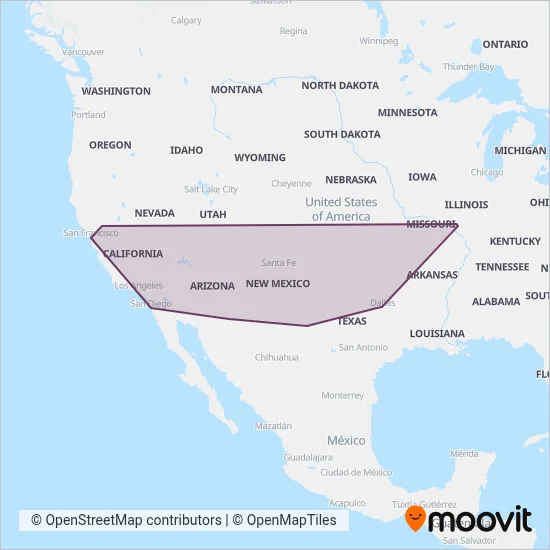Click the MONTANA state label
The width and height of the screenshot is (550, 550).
pyautogui.click(x=236, y=90)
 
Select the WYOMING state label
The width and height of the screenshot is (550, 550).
pyautogui.click(x=259, y=158)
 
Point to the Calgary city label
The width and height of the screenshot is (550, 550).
pyautogui.click(x=186, y=20)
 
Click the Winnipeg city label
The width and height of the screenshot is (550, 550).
pyautogui.click(x=378, y=41)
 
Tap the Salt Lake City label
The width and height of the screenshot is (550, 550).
pyautogui.click(x=211, y=189)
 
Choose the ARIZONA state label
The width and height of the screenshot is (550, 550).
pyautogui.click(x=212, y=286)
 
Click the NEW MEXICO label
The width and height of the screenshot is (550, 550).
pyautogui.click(x=278, y=284)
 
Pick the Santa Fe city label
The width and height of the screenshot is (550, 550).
pyautogui.click(x=279, y=263)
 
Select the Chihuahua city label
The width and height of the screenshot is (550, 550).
pyautogui.click(x=277, y=357)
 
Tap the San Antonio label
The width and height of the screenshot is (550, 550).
pyautogui.click(x=363, y=347)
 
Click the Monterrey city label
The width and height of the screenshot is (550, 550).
pyautogui.click(x=342, y=395)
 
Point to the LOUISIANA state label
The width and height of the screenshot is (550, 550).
pyautogui.click(x=437, y=333)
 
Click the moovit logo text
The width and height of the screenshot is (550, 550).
pyautogui.click(x=480, y=520)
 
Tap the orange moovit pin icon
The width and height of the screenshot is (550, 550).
pyautogui.click(x=415, y=518)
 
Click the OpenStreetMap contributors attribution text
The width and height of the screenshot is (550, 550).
pyautogui.click(x=126, y=520)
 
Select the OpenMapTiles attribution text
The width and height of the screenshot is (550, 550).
pyautogui.click(x=290, y=520)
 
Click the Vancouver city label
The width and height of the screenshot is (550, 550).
pyautogui.click(x=83, y=51)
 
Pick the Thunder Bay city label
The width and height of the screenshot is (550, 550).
pyautogui.click(x=468, y=67)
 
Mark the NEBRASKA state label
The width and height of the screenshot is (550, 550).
pyautogui.click(x=350, y=180)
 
